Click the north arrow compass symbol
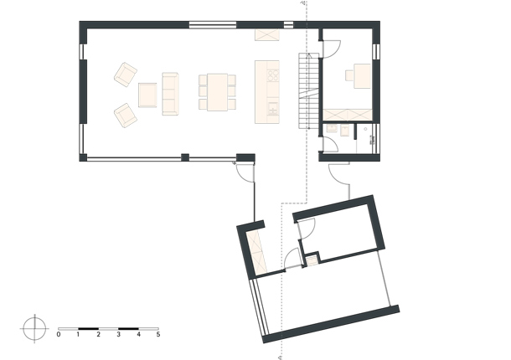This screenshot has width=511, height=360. click(x=34, y=329)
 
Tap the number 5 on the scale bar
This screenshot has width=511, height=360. click(x=158, y=334)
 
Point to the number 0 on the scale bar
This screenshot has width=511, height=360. click(x=59, y=334)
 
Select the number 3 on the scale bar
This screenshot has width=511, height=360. click(x=118, y=334)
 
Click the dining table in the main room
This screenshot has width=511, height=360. click(x=217, y=92)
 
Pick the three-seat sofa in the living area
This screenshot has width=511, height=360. click(x=170, y=94)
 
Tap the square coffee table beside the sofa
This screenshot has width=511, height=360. click(x=147, y=95)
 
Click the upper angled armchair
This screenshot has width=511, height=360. click(x=126, y=75)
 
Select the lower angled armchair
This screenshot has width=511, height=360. click(x=126, y=116)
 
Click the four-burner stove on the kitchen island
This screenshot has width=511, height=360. click(x=273, y=76)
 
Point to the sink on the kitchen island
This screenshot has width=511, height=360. click(x=273, y=108)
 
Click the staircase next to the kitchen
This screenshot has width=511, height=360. click(x=308, y=91)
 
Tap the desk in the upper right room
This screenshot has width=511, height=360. click(x=363, y=76)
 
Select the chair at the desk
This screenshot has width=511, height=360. click(x=349, y=75)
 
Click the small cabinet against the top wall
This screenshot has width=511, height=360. click(x=267, y=35)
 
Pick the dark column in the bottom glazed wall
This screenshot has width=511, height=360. click(x=185, y=157)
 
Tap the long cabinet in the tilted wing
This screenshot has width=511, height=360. click(x=257, y=252)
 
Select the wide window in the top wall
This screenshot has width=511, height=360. click(x=213, y=25)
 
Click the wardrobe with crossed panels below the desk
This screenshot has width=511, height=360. click(x=348, y=115)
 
